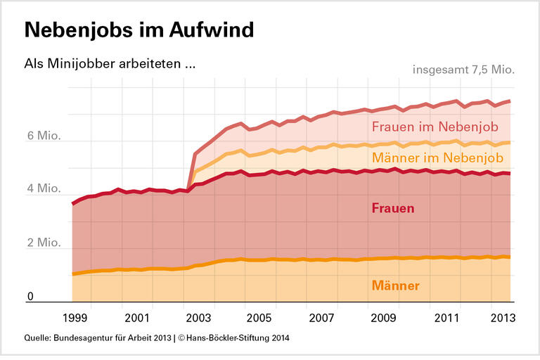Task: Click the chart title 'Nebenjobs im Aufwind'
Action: tap(139, 30)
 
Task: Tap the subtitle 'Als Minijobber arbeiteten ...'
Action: tap(110, 64)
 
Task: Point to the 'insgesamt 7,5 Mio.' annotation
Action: tap(463, 70)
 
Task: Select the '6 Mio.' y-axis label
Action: tap(44, 136)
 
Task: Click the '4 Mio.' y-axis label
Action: tap(44, 189)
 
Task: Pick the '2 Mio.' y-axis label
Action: tap(44, 243)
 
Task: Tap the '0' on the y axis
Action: tap(31, 297)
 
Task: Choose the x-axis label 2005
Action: tap(259, 317)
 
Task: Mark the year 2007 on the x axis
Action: tap(321, 317)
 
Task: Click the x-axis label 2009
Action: tap(383, 317)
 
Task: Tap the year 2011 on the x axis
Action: tap(445, 317)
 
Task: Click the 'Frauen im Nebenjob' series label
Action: tap(435, 127)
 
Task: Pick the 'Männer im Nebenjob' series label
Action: tap(437, 158)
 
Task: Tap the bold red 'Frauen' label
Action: tap(392, 209)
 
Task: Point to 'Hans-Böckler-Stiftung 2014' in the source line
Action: tap(233, 338)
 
